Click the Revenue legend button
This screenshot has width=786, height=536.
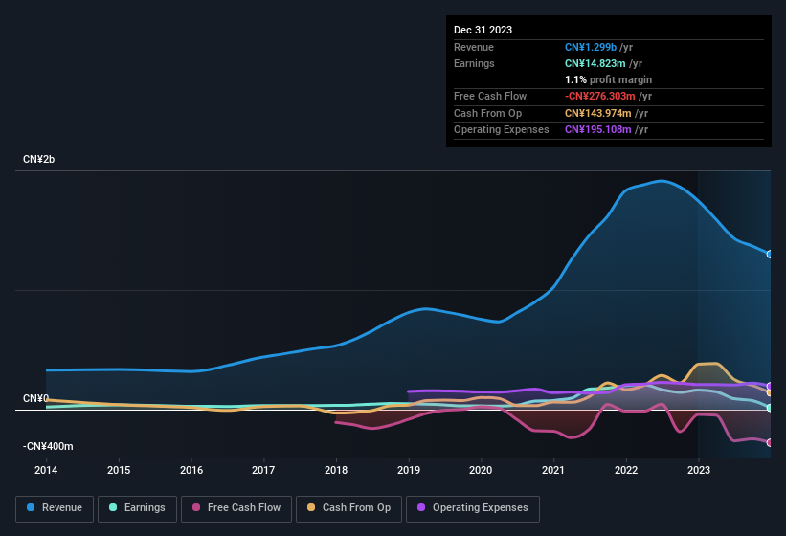point(55,508)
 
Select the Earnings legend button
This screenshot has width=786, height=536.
point(136,508)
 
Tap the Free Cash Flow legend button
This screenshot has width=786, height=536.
point(236,508)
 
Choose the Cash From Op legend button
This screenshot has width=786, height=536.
point(348,508)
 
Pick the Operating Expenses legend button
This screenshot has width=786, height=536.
point(472,508)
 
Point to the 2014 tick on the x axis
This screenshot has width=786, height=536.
point(46,470)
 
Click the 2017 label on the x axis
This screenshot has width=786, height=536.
point(263,470)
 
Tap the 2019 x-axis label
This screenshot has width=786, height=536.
point(409,470)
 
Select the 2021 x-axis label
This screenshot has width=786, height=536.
point(553,470)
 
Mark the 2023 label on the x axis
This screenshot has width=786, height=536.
point(699,470)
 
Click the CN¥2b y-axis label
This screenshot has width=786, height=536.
point(39,159)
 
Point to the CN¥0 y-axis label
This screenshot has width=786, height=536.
point(35,398)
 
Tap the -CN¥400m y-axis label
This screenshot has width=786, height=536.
point(49,446)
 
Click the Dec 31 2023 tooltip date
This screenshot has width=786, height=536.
point(483,30)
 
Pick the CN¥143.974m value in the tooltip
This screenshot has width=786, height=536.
point(597,113)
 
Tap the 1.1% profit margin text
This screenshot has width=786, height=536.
point(608,79)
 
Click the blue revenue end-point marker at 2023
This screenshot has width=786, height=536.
point(770,254)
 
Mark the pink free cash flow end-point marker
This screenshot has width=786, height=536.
point(770,442)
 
